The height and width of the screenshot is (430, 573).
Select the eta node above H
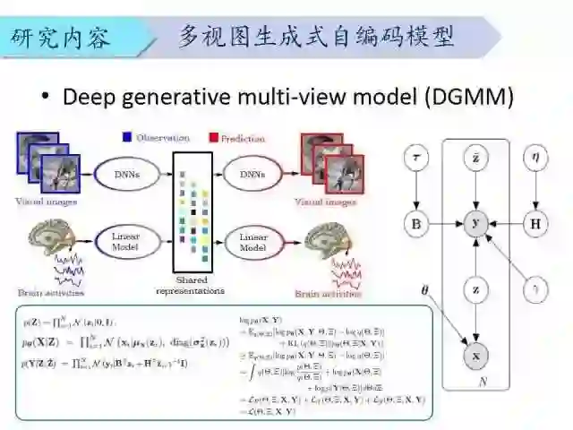point(535,159)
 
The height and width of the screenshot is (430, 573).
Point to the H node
point(535,223)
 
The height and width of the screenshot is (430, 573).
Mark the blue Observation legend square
point(127,138)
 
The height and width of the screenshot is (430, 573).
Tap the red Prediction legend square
point(213,138)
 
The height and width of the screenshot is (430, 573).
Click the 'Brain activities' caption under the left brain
point(51,292)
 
